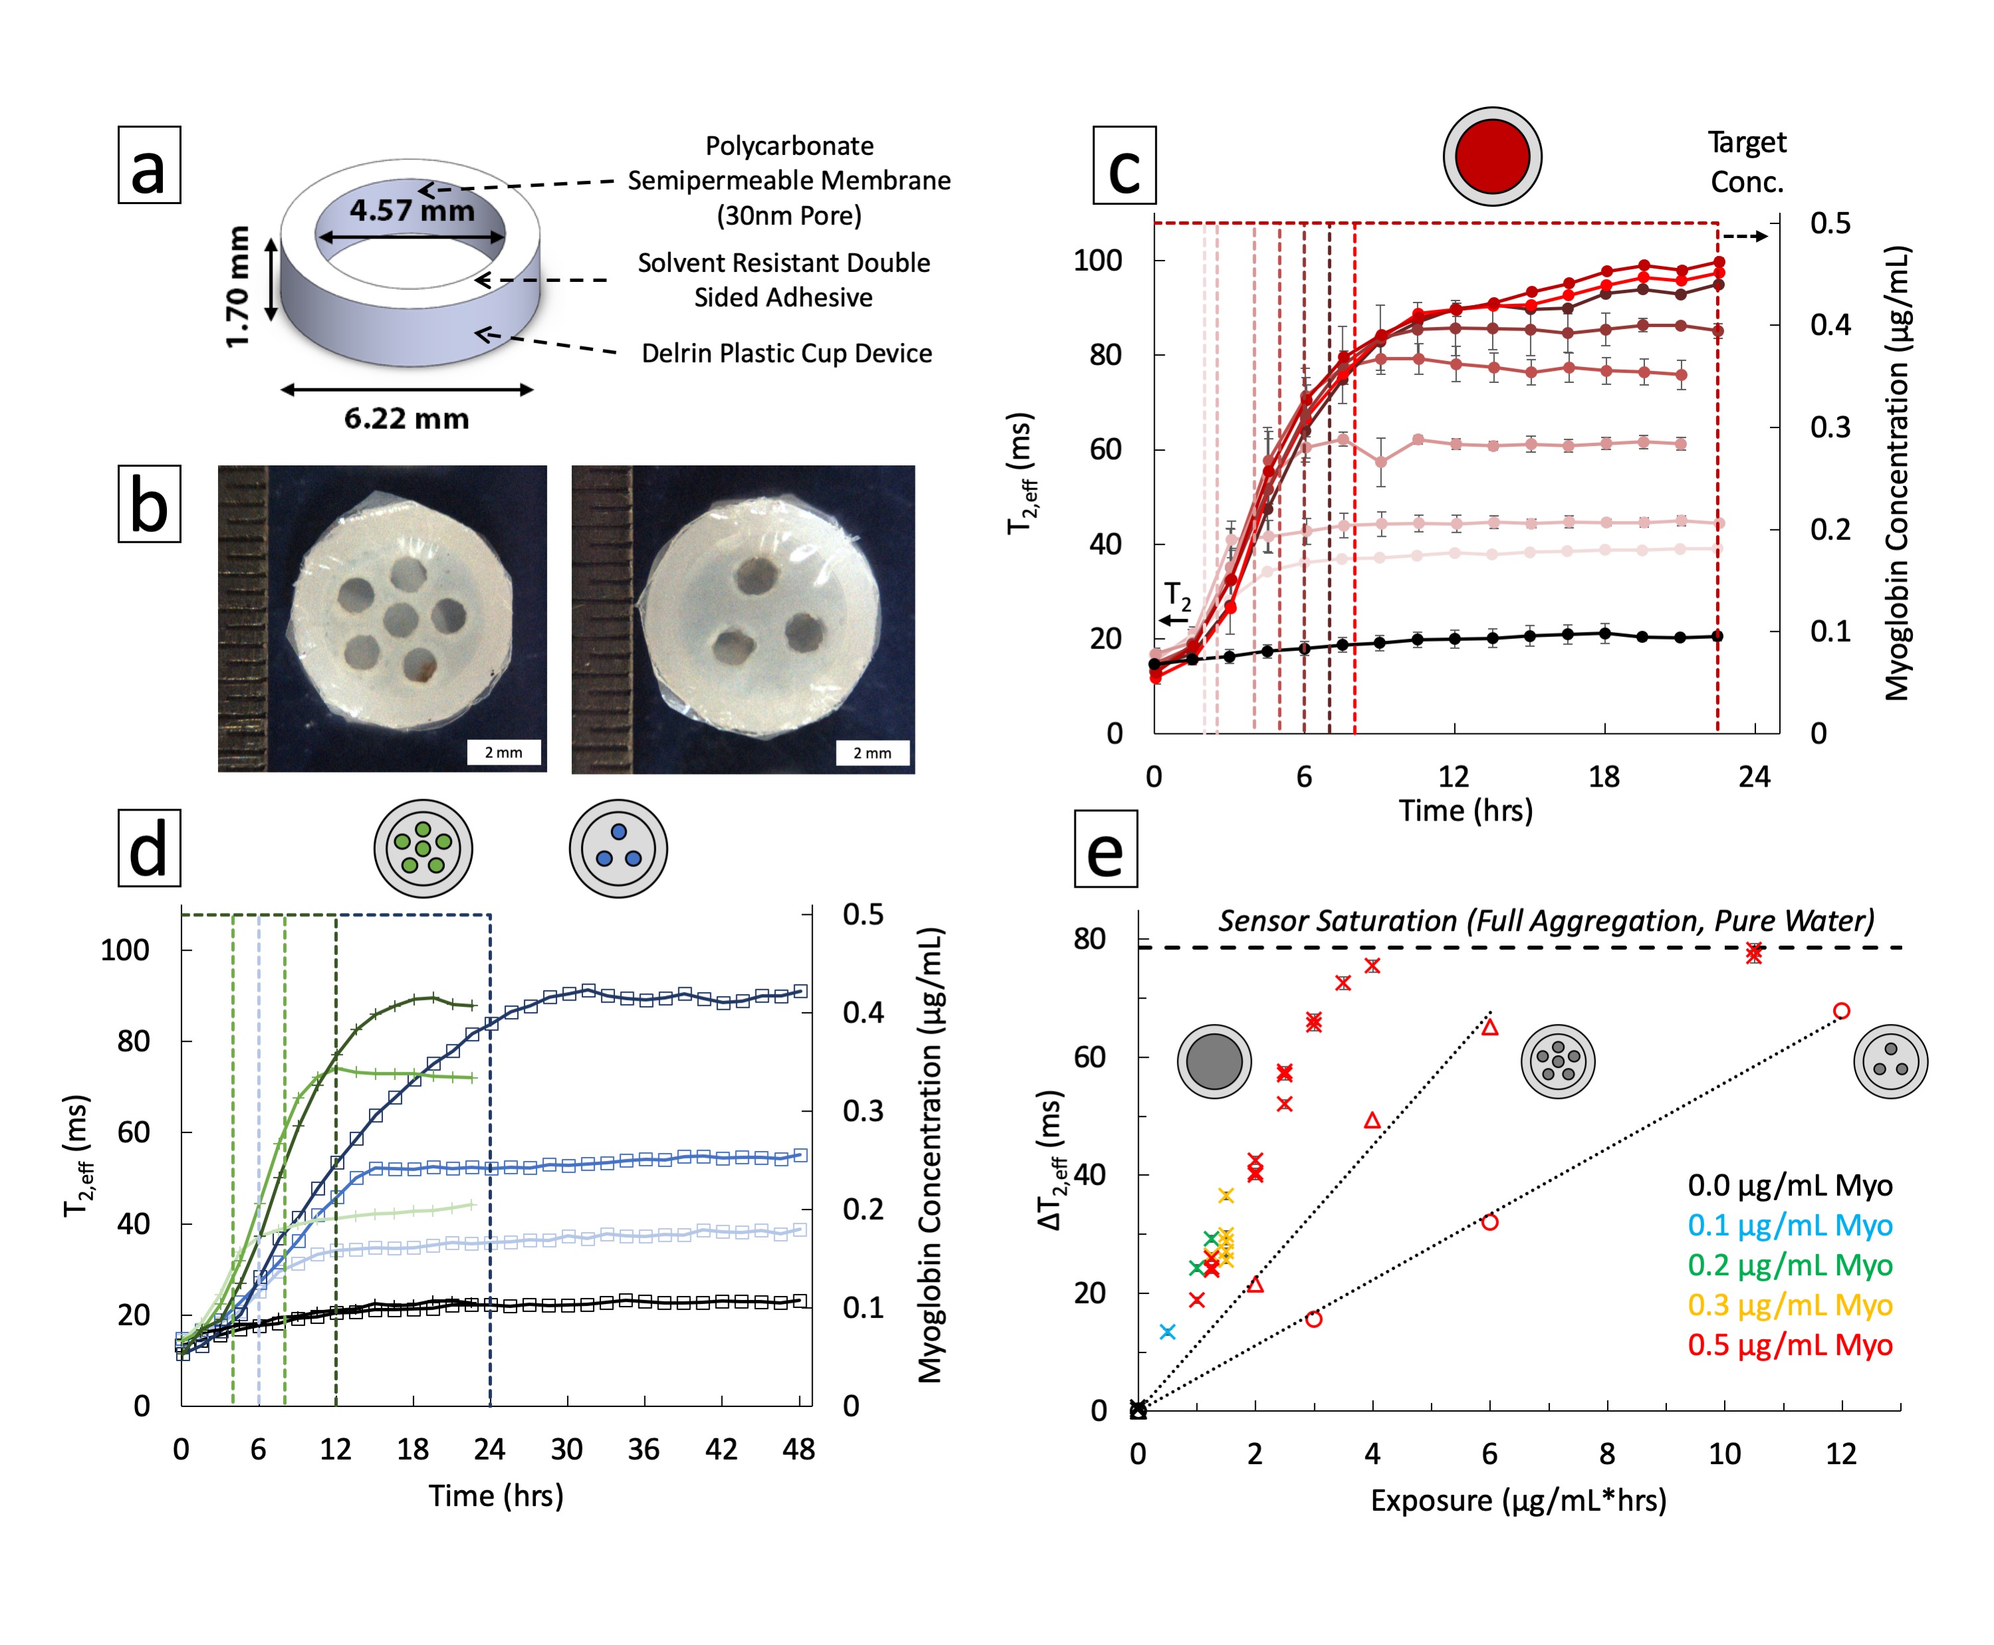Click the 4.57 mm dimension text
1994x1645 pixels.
click(x=412, y=209)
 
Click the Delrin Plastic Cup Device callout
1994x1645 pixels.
click(x=786, y=354)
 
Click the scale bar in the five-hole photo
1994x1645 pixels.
click(x=503, y=753)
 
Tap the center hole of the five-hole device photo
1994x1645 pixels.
click(x=400, y=620)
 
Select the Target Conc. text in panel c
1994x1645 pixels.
click(x=1746, y=161)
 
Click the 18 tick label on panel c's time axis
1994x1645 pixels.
click(x=1604, y=777)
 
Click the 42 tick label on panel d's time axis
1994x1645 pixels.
click(x=721, y=1450)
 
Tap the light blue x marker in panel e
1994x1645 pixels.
click(x=1168, y=1331)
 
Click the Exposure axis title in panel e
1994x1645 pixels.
click(x=1518, y=1501)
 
